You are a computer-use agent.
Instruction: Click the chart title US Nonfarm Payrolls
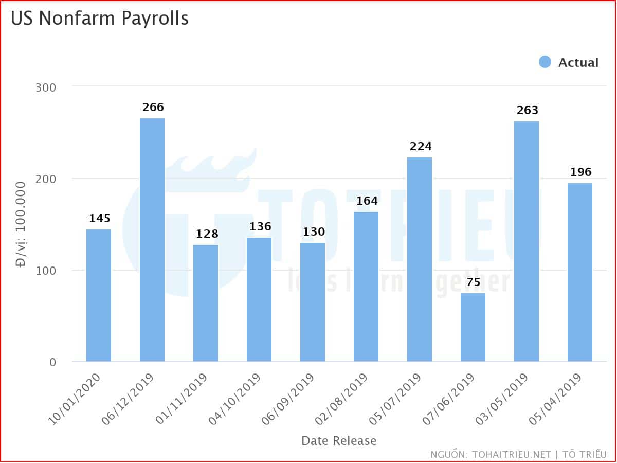(100, 18)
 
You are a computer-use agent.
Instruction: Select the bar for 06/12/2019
(152, 240)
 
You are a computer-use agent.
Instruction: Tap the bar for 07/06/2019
(473, 327)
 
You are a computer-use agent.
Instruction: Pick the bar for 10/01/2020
(99, 295)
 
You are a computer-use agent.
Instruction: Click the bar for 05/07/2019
(420, 259)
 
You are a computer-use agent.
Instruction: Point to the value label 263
(527, 111)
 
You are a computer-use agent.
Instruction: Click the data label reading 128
(207, 234)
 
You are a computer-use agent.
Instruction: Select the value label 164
(367, 201)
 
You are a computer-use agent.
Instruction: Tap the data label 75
(473, 282)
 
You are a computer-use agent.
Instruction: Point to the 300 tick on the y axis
(46, 87)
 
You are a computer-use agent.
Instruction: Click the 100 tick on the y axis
(46, 271)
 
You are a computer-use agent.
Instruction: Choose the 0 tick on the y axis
(52, 362)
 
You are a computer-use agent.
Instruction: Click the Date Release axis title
(339, 441)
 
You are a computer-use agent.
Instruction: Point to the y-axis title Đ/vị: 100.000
(21, 224)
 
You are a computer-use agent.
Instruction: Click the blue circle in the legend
(545, 62)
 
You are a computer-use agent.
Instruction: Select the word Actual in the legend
(578, 63)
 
